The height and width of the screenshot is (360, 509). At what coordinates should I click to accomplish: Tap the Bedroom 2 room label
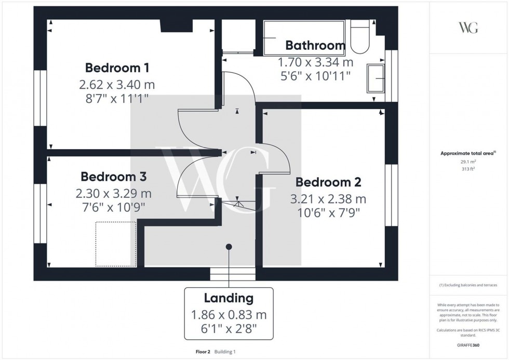(328, 182)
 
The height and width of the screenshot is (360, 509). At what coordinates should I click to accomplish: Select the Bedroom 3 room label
(113, 177)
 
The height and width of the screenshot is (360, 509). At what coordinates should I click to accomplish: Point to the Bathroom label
(315, 46)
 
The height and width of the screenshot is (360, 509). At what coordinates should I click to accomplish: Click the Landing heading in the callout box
(229, 298)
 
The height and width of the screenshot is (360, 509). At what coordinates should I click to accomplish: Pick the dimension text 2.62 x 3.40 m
(117, 84)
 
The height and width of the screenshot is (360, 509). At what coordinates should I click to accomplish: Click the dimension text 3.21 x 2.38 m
(328, 199)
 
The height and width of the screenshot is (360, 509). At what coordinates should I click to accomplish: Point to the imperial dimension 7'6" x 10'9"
(113, 207)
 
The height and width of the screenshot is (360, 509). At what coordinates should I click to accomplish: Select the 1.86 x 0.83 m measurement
(229, 315)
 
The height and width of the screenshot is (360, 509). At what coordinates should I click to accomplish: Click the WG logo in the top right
(468, 28)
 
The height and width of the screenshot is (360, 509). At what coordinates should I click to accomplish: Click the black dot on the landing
(229, 247)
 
